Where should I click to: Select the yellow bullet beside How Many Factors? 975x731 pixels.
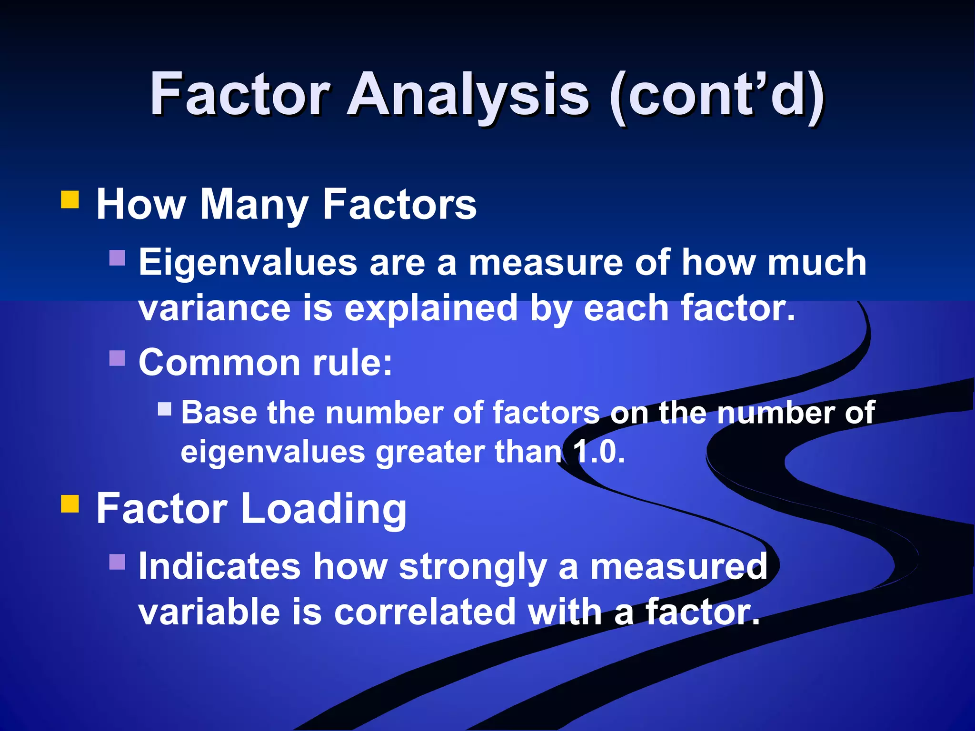pyautogui.click(x=70, y=200)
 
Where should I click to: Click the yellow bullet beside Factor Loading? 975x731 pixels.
pyautogui.click(x=70, y=504)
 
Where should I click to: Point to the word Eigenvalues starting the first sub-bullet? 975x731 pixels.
pyautogui.click(x=248, y=263)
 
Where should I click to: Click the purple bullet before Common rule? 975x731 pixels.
pyautogui.click(x=117, y=358)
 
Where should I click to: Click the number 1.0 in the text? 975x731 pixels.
pyautogui.click(x=598, y=452)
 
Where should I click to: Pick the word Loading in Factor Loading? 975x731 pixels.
pyautogui.click(x=323, y=509)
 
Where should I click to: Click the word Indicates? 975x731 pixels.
pyautogui.click(x=219, y=566)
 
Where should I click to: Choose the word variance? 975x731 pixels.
pyautogui.click(x=214, y=308)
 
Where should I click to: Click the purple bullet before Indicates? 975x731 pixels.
pyautogui.click(x=117, y=562)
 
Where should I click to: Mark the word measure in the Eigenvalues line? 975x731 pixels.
pyautogui.click(x=546, y=263)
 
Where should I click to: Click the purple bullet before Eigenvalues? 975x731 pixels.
pyautogui.click(x=117, y=258)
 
